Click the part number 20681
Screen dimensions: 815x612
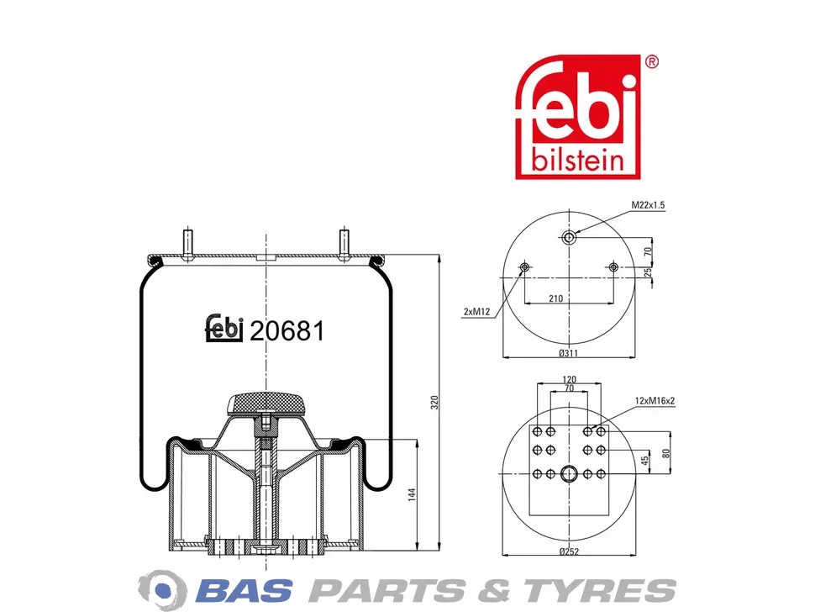(x=287, y=330)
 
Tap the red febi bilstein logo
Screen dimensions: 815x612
(x=577, y=117)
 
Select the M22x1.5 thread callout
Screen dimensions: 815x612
(x=648, y=205)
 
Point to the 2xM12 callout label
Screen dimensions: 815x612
(x=476, y=312)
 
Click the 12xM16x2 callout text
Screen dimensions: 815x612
(x=655, y=401)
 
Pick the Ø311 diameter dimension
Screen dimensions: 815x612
(x=569, y=353)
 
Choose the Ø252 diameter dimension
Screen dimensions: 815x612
(x=569, y=551)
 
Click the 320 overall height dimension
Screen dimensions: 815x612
(x=434, y=403)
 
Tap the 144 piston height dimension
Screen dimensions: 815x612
(x=412, y=494)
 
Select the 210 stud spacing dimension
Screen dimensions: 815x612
(x=555, y=298)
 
